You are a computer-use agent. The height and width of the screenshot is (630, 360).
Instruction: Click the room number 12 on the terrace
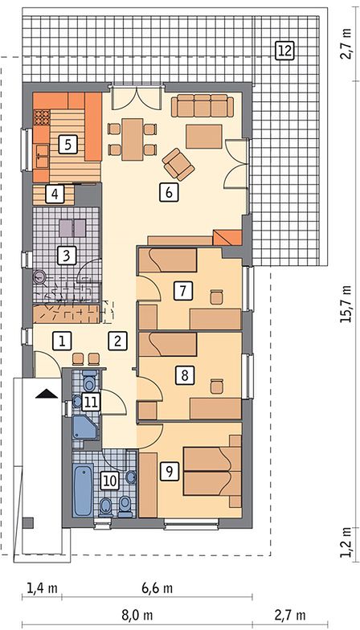click(285, 51)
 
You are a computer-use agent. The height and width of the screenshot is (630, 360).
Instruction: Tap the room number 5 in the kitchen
click(67, 145)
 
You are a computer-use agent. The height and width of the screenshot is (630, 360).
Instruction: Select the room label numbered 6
click(169, 193)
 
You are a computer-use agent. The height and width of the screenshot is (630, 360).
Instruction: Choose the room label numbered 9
click(169, 471)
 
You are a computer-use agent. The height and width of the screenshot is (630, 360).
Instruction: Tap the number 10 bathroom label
click(109, 481)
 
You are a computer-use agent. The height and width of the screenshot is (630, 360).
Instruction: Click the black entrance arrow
click(47, 394)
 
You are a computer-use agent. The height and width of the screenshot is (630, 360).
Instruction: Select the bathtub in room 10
click(84, 490)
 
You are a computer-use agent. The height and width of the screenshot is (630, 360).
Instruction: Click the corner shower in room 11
click(85, 427)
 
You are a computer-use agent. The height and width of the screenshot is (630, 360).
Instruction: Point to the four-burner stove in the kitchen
click(41, 117)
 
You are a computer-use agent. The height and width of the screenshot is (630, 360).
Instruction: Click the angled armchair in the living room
click(178, 164)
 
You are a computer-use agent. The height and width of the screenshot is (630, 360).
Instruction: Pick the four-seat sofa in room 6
click(202, 106)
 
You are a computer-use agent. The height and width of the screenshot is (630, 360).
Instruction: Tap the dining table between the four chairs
click(133, 140)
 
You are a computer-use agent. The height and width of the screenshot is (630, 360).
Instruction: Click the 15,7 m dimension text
click(346, 304)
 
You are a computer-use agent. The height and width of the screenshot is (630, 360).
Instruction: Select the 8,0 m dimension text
click(137, 615)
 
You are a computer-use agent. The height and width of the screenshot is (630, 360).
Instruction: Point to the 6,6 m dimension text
click(157, 588)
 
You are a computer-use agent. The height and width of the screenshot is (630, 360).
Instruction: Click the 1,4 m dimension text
click(42, 588)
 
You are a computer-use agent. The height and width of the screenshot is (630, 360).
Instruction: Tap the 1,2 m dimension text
click(346, 542)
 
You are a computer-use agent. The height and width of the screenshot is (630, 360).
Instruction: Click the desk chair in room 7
click(217, 297)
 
